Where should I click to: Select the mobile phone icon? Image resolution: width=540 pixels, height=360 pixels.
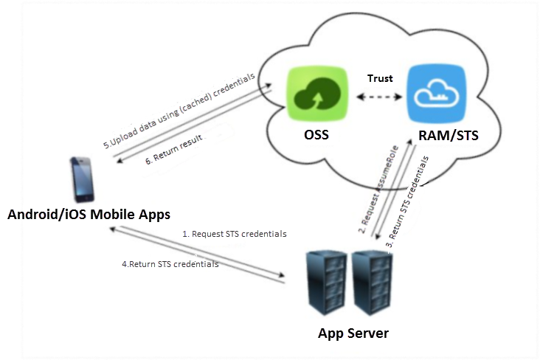click(x=83, y=179)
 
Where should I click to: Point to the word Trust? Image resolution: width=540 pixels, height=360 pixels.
click(x=381, y=78)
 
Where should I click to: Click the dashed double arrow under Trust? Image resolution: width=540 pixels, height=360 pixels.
click(x=381, y=96)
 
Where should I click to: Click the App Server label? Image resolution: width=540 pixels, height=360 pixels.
click(x=353, y=333)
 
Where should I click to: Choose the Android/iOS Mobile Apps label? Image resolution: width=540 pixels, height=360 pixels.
click(x=89, y=214)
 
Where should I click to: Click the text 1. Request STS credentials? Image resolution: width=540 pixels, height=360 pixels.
click(x=234, y=233)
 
